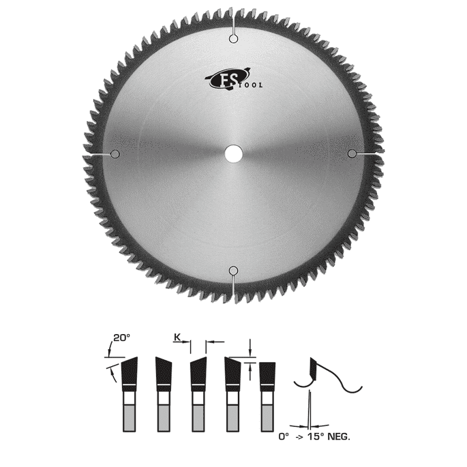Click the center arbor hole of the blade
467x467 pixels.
[x=233, y=153]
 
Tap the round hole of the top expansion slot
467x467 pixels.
[x=233, y=39]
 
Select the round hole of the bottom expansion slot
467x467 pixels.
[x=233, y=271]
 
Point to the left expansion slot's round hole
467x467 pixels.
[x=115, y=154]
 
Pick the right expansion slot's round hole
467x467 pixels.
[x=352, y=153]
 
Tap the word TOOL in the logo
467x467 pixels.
[x=251, y=85]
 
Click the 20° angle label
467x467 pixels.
[x=122, y=337]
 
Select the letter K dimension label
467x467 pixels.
[x=177, y=337]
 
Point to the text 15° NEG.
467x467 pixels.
[x=329, y=437]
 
